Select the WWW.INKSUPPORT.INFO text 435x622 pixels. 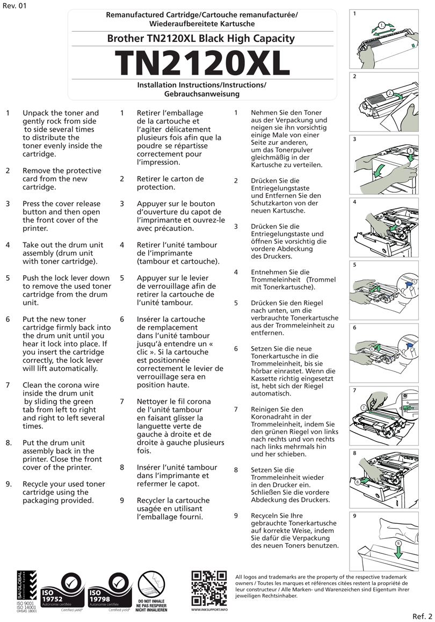click(x=209, y=610)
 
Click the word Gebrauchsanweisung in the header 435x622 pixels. click(x=201, y=94)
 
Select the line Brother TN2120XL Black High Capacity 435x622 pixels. click(x=201, y=39)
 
